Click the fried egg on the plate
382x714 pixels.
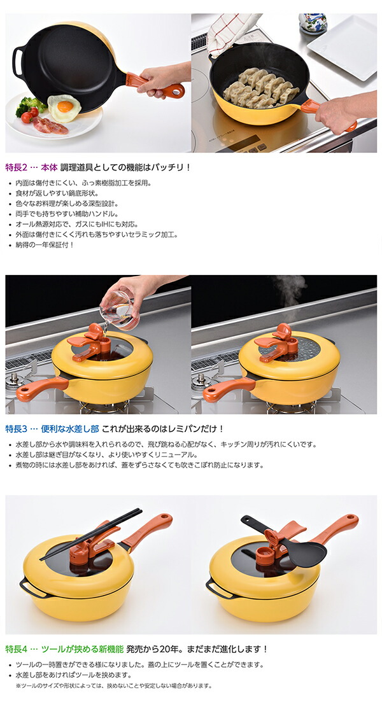[64, 108]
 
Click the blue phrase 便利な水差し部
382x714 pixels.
[69, 429]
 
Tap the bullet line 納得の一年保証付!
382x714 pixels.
[45, 244]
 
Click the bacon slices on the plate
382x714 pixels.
[50, 125]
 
